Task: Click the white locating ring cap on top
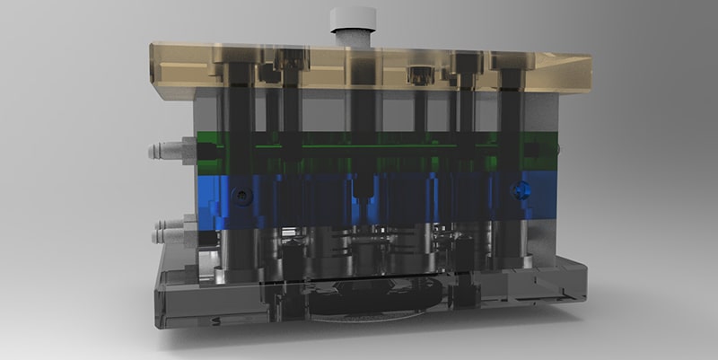[x=351, y=16]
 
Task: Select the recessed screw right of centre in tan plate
[x=418, y=71]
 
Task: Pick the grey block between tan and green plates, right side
[x=538, y=112]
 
